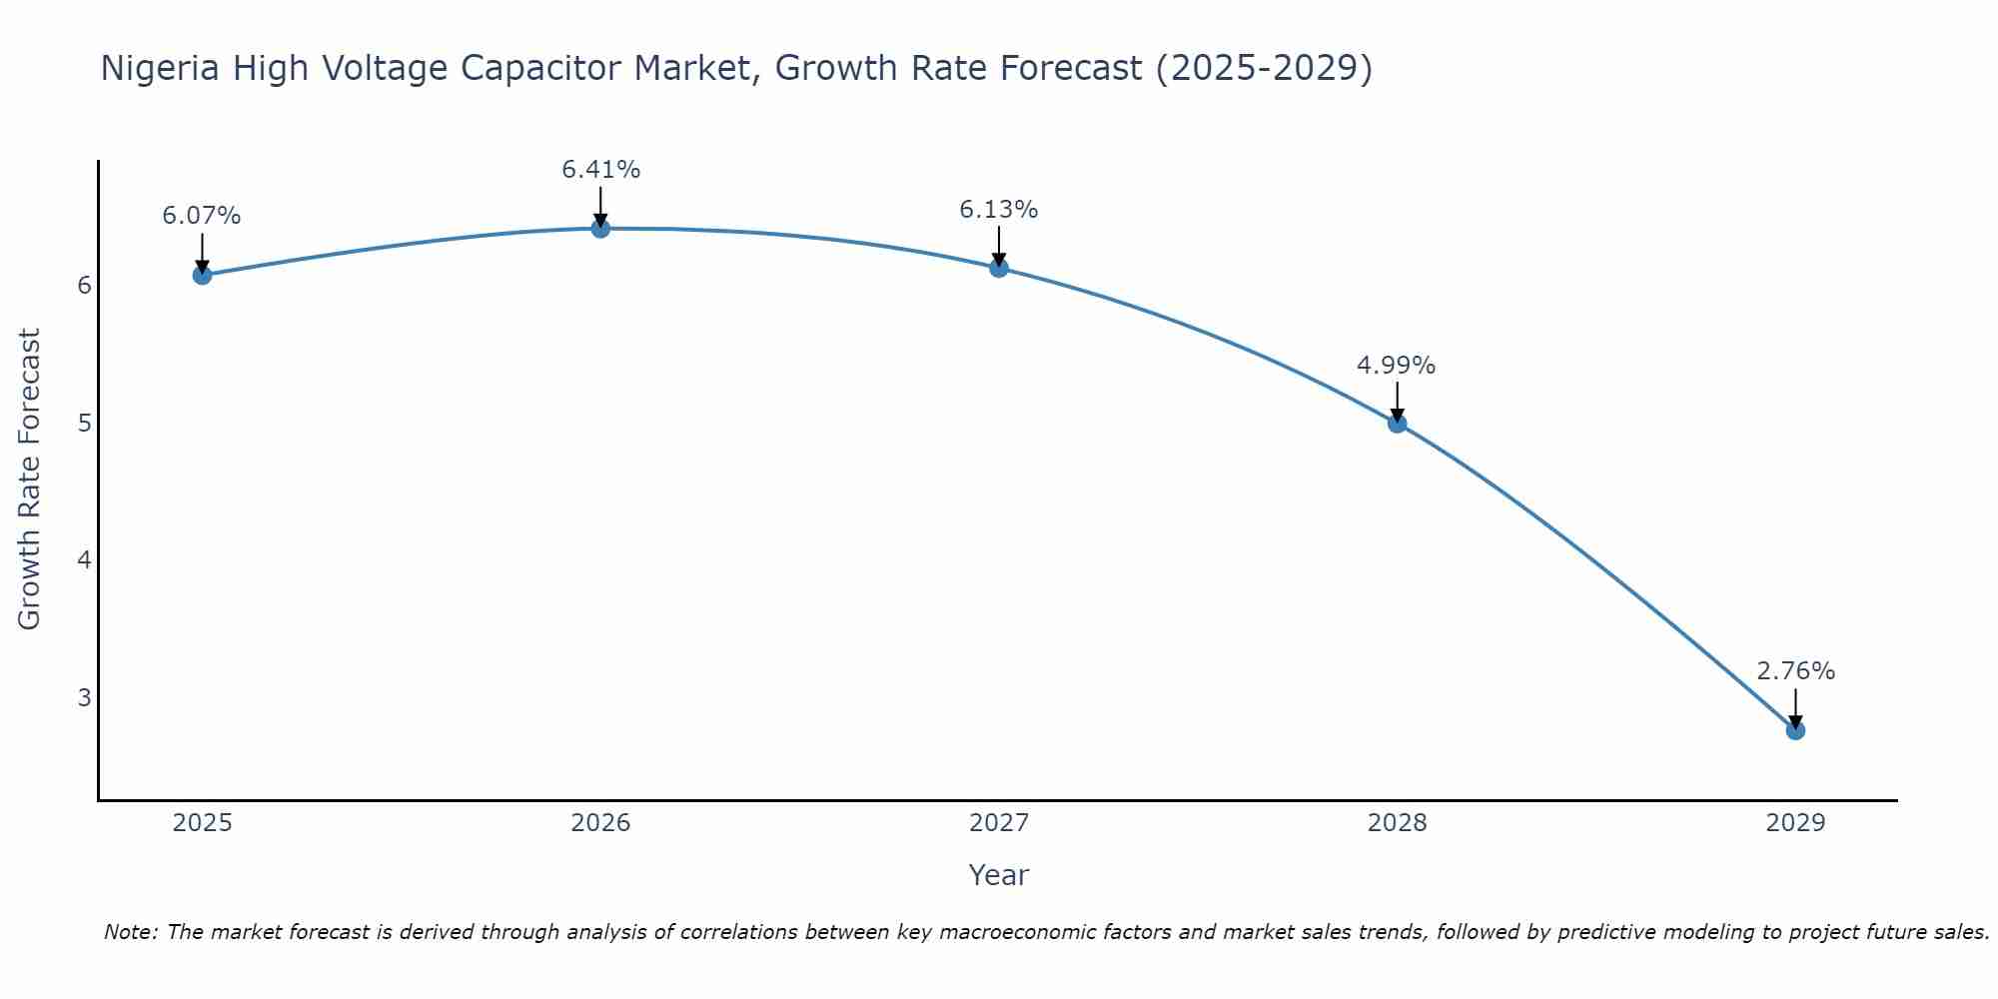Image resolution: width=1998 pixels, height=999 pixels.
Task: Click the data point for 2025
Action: (202, 275)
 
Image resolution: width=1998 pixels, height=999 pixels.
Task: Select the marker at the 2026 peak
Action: (600, 229)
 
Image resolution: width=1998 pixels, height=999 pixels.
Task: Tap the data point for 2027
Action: (999, 268)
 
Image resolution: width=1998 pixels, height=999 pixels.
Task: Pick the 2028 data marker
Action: (1397, 424)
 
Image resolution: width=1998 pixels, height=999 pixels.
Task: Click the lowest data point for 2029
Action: (1795, 730)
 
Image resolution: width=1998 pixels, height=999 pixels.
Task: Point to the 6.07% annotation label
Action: (202, 216)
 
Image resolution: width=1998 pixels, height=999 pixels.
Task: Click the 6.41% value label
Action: (600, 170)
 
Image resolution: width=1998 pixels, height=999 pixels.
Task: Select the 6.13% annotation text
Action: (999, 210)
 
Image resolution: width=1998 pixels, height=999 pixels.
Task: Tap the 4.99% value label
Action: (1396, 366)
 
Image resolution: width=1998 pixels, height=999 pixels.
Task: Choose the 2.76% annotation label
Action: (1795, 671)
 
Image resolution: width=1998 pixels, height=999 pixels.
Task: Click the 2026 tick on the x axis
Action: (600, 823)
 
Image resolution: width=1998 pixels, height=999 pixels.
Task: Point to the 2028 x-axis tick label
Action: (1397, 823)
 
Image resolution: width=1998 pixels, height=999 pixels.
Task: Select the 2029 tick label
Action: (1795, 823)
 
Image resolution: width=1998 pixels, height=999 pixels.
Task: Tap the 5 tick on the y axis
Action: (84, 423)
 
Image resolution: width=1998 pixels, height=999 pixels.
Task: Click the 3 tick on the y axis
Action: (84, 697)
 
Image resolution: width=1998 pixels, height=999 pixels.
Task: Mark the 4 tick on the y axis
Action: (84, 559)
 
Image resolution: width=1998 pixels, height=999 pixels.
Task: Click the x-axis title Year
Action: (998, 875)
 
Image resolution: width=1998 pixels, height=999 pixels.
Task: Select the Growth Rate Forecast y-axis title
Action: (30, 480)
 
